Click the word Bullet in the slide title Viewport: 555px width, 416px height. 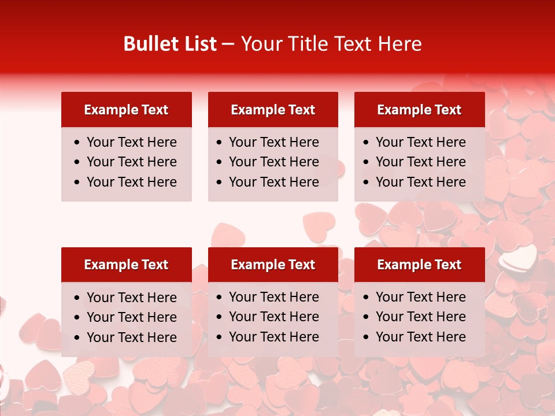(x=151, y=44)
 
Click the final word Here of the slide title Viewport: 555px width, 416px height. (x=399, y=44)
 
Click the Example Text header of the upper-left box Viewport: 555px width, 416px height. (x=126, y=110)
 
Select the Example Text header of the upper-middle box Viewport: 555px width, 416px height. (x=273, y=110)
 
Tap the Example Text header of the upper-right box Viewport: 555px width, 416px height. (x=419, y=110)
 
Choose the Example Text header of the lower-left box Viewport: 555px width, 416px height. (x=126, y=265)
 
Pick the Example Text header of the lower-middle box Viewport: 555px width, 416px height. (x=273, y=265)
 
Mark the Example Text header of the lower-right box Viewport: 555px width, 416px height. (x=419, y=265)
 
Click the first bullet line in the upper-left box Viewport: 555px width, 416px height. (x=131, y=142)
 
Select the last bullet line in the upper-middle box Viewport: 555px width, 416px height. (x=273, y=182)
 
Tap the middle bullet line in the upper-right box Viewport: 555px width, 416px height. (x=420, y=162)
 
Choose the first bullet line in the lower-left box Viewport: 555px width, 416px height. (x=131, y=298)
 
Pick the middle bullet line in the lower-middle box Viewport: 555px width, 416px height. (x=273, y=317)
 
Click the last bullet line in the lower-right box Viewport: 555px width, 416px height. (x=420, y=337)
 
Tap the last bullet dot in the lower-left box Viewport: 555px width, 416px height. (x=77, y=338)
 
